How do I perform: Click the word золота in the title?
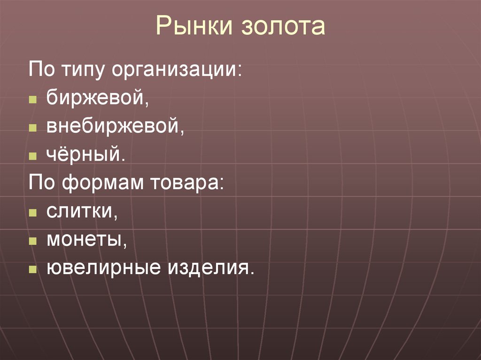[283, 27]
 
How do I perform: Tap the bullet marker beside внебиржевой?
[32, 128]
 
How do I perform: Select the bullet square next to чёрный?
[32, 156]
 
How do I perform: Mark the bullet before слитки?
[32, 213]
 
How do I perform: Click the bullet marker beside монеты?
[32, 242]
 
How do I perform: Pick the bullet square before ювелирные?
[32, 270]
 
